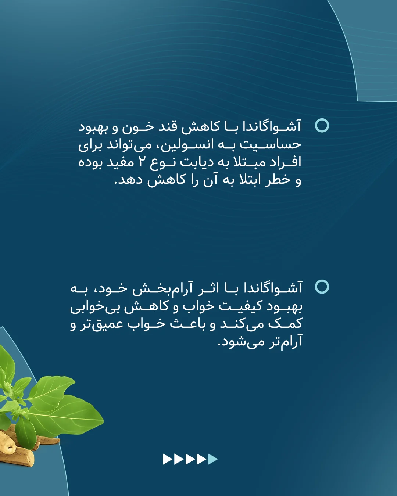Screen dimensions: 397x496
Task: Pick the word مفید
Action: (x=116, y=162)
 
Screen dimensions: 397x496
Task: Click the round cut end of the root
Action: (x=8, y=447)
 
